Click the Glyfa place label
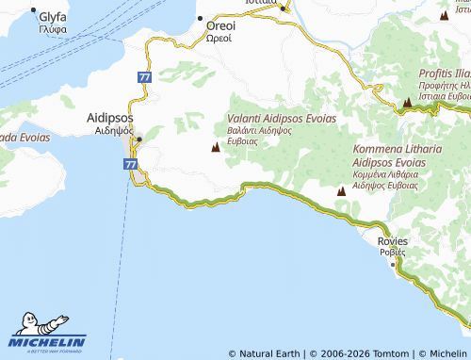pyautogui.click(x=53, y=17)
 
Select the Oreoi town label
pyautogui.click(x=221, y=26)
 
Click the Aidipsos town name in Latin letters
pyautogui.click(x=109, y=118)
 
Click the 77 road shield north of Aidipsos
pyautogui.click(x=143, y=76)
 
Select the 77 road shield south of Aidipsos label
pyautogui.click(x=130, y=163)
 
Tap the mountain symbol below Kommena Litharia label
pyautogui.click(x=341, y=191)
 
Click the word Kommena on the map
pyautogui.click(x=378, y=149)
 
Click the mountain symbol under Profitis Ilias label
pyautogui.click(x=407, y=101)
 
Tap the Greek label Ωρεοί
pyautogui.click(x=221, y=39)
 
